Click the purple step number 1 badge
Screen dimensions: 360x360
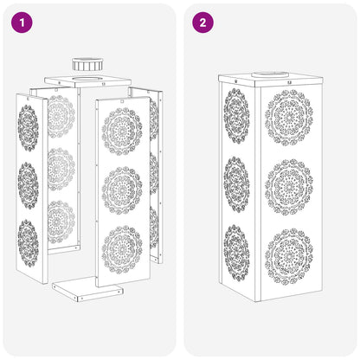pyautogui.click(x=22, y=22)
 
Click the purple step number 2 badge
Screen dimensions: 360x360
pyautogui.click(x=203, y=22)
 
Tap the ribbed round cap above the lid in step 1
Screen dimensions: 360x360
pyautogui.click(x=87, y=64)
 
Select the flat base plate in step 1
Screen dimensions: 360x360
pyautogui.click(x=87, y=289)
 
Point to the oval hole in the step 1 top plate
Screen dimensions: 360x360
pyautogui.click(x=86, y=79)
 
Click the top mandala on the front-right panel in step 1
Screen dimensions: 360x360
pyautogui.click(x=122, y=132)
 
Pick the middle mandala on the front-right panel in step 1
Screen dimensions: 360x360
pyautogui.click(x=122, y=190)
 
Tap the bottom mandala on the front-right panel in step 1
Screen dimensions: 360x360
pyautogui.click(x=122, y=250)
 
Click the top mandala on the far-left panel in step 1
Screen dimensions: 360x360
pyautogui.click(x=29, y=128)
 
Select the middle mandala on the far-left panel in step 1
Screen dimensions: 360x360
pyautogui.click(x=29, y=185)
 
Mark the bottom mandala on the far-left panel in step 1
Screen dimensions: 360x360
pyautogui.click(x=29, y=244)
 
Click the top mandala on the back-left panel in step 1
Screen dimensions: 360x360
pyautogui.click(x=61, y=117)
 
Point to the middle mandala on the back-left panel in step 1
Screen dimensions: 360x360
pyautogui.click(x=61, y=170)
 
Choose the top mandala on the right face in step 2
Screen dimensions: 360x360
pyautogui.click(x=289, y=118)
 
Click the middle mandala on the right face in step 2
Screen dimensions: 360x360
pyautogui.click(x=289, y=187)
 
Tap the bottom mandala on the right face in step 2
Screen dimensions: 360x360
pyautogui.click(x=289, y=256)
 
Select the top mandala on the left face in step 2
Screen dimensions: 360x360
pyautogui.click(x=236, y=116)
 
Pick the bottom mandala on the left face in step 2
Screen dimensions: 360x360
pyautogui.click(x=236, y=254)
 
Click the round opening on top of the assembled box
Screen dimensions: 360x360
pyautogui.click(x=270, y=74)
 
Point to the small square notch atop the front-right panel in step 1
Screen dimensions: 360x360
pyautogui.click(x=122, y=101)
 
